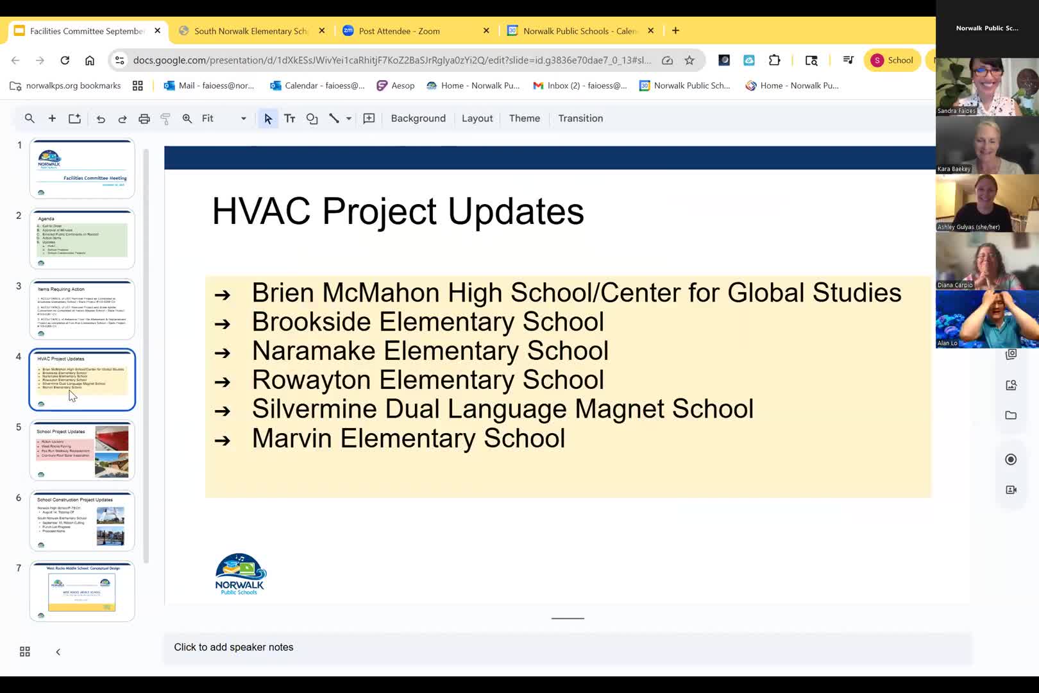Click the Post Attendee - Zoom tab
pyautogui.click(x=399, y=31)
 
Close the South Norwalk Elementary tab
pyautogui.click(x=322, y=31)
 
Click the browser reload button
pyautogui.click(x=65, y=60)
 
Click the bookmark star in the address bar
pyautogui.click(x=689, y=60)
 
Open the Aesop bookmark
pyautogui.click(x=396, y=85)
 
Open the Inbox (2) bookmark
pyautogui.click(x=580, y=85)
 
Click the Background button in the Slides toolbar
pyautogui.click(x=418, y=118)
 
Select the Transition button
pyautogui.click(x=580, y=118)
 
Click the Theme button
pyautogui.click(x=524, y=118)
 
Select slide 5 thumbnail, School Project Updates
pyautogui.click(x=82, y=450)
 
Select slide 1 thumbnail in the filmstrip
pyautogui.click(x=82, y=168)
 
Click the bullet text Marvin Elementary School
pyautogui.click(x=408, y=438)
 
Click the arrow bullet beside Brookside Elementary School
pyautogui.click(x=222, y=323)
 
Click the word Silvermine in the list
pyautogui.click(x=313, y=409)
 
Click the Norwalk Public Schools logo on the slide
pyautogui.click(x=240, y=574)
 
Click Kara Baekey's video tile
pyautogui.click(x=986, y=145)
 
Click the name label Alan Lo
pyautogui.click(x=947, y=343)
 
